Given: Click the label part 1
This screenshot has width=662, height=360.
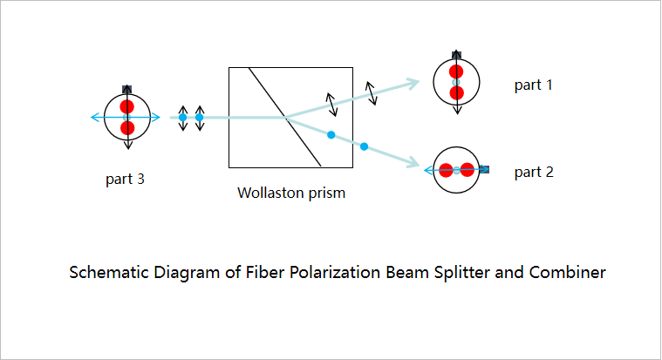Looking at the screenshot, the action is coord(533,85).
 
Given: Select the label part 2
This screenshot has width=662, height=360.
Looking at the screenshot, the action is coord(534,172).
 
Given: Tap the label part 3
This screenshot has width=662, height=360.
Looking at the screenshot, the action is coord(125,179).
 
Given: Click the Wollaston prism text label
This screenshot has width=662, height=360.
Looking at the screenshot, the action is coord(291,193).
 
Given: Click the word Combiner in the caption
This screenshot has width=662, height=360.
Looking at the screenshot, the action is coord(568,272).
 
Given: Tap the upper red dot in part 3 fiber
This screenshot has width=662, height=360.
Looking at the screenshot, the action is coord(126,106).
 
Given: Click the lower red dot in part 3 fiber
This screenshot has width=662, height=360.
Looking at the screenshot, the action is coord(127,128).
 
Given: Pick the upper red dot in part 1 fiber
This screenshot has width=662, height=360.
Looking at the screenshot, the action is coord(456,71).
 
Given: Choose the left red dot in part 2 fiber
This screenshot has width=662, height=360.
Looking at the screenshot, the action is coord(446,170).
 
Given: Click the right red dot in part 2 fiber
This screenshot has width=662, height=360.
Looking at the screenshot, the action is coord(467,170).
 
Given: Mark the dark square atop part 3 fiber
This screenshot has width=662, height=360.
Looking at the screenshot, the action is coord(126,89).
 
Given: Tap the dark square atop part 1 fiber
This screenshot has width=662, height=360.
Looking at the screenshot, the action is coord(456,55).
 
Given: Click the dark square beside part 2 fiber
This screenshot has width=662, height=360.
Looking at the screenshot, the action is coord(485,170).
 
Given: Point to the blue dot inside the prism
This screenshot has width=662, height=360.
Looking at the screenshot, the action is coord(331,135).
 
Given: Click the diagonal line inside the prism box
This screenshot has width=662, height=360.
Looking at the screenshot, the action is coord(285,117).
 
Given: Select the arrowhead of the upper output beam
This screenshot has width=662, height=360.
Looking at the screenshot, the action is coord(413,82).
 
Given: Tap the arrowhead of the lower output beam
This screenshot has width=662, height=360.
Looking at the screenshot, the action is coord(413,162).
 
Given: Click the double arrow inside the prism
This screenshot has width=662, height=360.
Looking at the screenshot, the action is coord(331,105).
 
